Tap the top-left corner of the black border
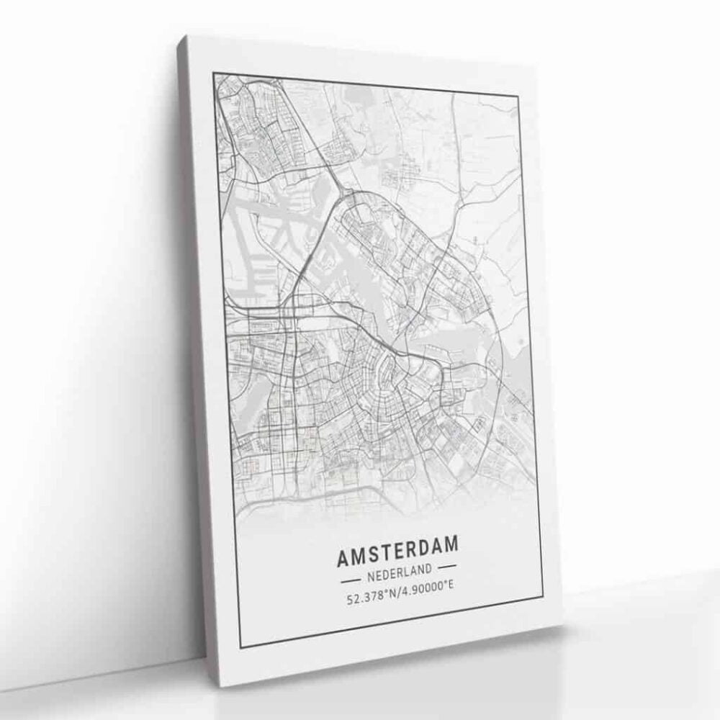[214, 73]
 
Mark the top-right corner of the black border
[519, 96]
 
